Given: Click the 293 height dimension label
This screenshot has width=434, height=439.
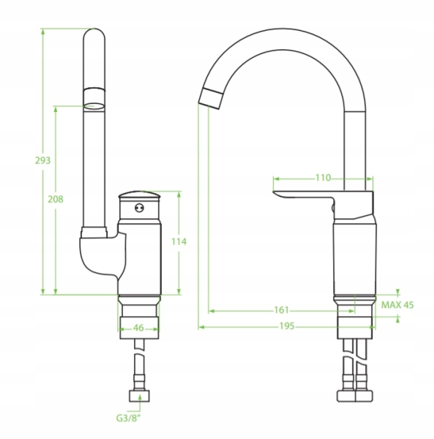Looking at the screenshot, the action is coord(42,160).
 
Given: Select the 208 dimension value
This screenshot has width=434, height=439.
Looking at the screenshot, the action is coord(56,199).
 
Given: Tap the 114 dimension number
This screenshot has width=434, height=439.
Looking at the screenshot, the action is coord(179,241).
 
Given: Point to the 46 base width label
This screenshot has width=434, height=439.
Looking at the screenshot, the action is coord(138,328).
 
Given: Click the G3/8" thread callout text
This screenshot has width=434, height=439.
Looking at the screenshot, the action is coord(129,419).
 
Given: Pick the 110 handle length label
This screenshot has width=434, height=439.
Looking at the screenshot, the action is coord(323,178).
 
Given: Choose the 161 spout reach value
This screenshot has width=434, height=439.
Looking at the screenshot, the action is coord(281,310).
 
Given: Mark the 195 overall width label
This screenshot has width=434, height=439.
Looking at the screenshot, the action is coord(287,326).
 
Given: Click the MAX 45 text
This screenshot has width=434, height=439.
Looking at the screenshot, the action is coord(397,304).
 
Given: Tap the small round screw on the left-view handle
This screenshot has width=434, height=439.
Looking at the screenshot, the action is coord(139,208).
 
